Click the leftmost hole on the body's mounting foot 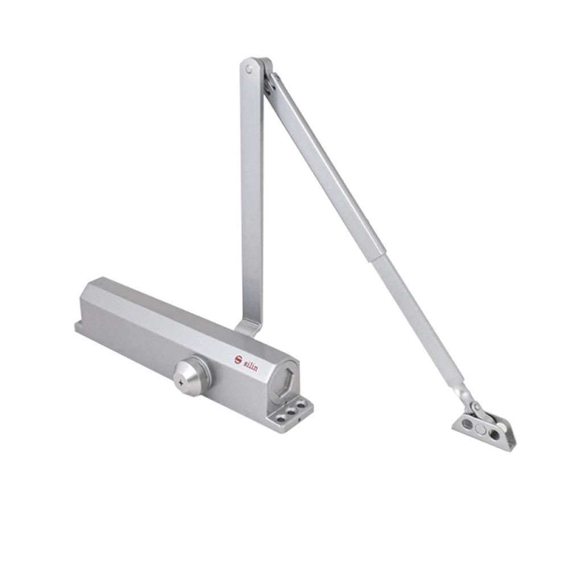click(281, 418)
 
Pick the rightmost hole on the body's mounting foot click(301, 403)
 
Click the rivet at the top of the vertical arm click(249, 69)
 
